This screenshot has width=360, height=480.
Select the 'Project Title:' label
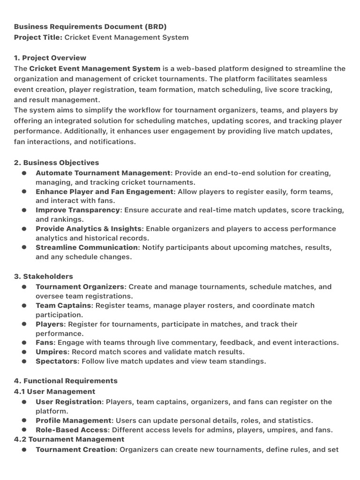(x=38, y=37)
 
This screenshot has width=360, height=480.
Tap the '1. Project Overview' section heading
(x=50, y=58)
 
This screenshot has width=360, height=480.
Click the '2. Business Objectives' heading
(x=56, y=163)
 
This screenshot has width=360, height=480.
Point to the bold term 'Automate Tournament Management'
(x=103, y=173)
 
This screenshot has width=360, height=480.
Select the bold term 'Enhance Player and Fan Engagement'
(x=105, y=192)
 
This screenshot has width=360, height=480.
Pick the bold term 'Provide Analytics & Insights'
(x=89, y=229)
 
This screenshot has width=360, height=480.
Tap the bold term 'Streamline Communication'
(x=87, y=247)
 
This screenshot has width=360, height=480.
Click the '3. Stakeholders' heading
(x=44, y=277)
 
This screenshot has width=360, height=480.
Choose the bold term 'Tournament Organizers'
(x=80, y=286)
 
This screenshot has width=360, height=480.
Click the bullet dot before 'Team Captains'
(x=24, y=306)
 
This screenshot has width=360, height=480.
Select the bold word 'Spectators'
(x=57, y=361)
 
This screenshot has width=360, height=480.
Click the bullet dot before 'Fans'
(x=24, y=343)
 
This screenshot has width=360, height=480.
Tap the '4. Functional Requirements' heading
(x=66, y=381)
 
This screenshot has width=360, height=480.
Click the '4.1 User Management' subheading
(x=54, y=391)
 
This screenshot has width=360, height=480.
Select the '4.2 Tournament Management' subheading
(x=69, y=439)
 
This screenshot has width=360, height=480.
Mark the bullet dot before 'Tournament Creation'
(x=24, y=450)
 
